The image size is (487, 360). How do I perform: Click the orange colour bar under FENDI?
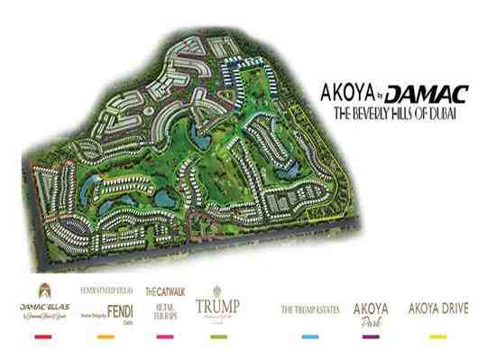[x=106, y=337]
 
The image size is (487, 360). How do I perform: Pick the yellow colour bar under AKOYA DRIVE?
[x=438, y=337]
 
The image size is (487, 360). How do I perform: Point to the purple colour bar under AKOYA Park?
[x=370, y=337]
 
